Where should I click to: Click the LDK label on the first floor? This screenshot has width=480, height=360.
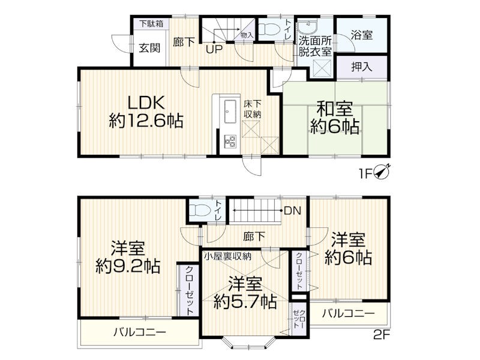pyautogui.click(x=146, y=103)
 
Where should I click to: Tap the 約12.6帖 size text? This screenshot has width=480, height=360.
pyautogui.click(x=146, y=121)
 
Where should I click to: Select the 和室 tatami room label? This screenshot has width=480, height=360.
pyautogui.click(x=335, y=109)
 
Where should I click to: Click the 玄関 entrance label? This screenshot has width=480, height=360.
pyautogui.click(x=149, y=48)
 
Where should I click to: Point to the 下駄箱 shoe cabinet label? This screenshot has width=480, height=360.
pyautogui.click(x=152, y=23)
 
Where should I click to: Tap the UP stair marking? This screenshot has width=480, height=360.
pyautogui.click(x=214, y=49)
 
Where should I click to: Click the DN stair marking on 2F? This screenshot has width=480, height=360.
pyautogui.click(x=293, y=211)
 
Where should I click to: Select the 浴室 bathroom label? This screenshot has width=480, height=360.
pyautogui.click(x=362, y=35)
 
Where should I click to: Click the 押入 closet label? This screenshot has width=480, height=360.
pyautogui.click(x=362, y=67)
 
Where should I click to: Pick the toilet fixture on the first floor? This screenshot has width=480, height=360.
pyautogui.click(x=269, y=29)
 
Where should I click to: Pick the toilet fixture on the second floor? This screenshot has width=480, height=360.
pyautogui.click(x=200, y=211)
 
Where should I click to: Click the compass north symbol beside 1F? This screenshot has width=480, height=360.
pyautogui.click(x=382, y=173)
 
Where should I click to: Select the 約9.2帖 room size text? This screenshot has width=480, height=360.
pyautogui.click(x=128, y=266)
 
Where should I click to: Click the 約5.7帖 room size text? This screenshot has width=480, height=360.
pyautogui.click(x=245, y=302)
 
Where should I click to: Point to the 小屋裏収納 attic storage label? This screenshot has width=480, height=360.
pyautogui.click(x=228, y=256)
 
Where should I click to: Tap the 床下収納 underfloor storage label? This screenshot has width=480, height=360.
pyautogui.click(x=253, y=109)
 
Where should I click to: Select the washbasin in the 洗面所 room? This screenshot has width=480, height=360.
pyautogui.click(x=307, y=29)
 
